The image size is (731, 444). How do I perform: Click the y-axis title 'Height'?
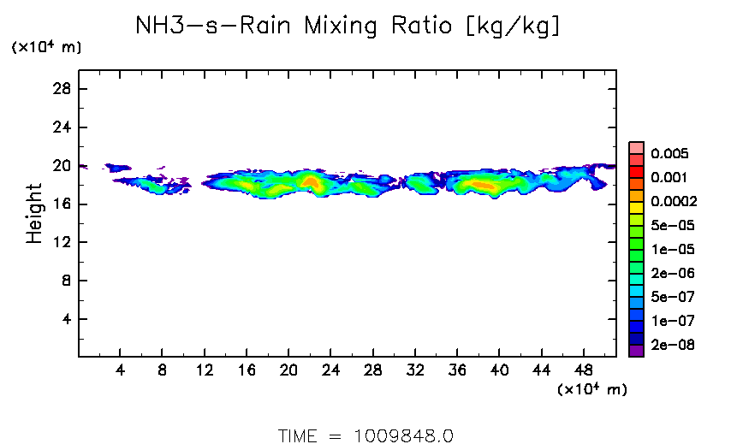(x=34, y=213)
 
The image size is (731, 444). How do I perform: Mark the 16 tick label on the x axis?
(x=247, y=370)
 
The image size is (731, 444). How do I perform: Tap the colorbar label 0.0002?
(x=673, y=202)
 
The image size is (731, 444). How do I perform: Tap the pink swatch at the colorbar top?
(x=636, y=147)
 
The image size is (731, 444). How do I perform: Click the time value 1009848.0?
(x=402, y=435)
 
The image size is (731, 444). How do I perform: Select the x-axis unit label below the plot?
(x=592, y=390)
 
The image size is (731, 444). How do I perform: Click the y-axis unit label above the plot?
(x=46, y=48)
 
